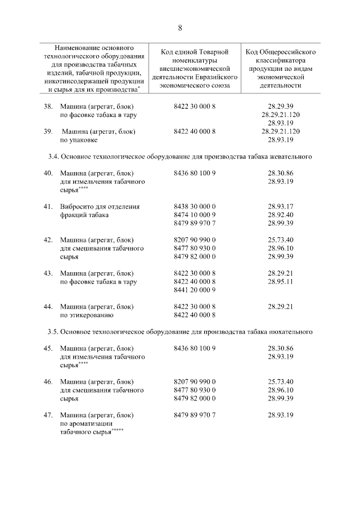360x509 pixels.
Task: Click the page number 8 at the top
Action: pos(180,28)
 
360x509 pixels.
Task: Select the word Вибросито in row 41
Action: pos(76,206)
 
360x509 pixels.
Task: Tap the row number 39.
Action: pos(48,132)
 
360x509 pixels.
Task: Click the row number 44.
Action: pos(48,307)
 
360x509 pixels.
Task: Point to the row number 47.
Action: pos(48,415)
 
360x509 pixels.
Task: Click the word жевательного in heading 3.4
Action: pos(290,156)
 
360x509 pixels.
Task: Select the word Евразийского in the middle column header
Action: pos(218,78)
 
